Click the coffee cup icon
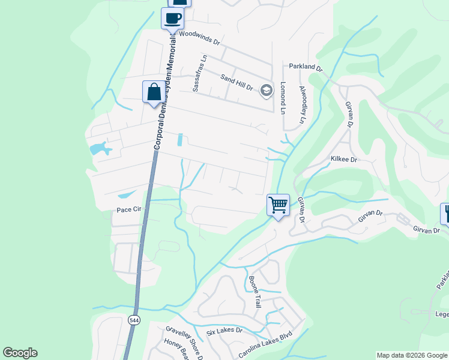click(173, 18)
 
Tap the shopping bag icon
click(154, 92)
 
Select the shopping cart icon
click(278, 205)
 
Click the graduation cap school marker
click(266, 91)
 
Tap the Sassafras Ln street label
click(199, 73)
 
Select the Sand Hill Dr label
click(237, 83)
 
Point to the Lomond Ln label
click(283, 98)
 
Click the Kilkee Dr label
click(344, 160)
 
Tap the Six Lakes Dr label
click(224, 331)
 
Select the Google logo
click(20, 353)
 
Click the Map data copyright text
click(412, 356)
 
